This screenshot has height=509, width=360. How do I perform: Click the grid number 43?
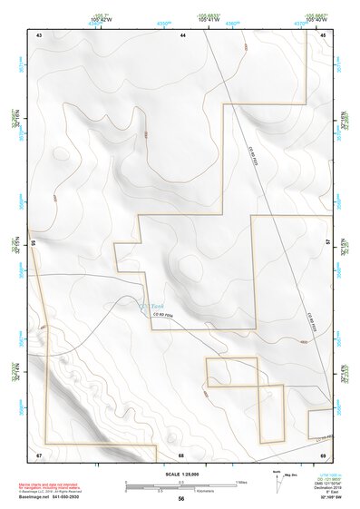(39, 34)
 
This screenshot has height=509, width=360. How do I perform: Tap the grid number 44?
(182, 34)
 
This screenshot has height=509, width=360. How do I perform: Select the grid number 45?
(323, 34)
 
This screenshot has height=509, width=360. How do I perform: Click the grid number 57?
(327, 243)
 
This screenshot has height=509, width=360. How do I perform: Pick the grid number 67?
(39, 454)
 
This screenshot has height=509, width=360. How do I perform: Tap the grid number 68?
(181, 454)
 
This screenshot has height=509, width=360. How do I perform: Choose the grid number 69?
(323, 454)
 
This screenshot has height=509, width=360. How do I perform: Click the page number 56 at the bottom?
(181, 499)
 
